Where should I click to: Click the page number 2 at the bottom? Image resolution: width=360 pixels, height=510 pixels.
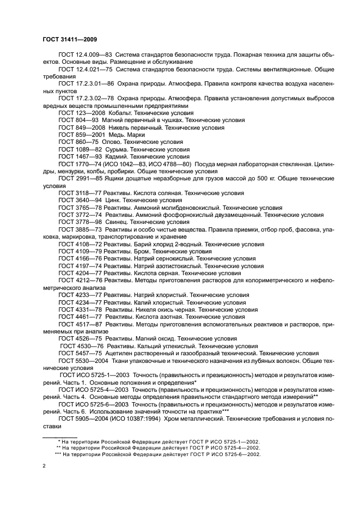click(44, 466)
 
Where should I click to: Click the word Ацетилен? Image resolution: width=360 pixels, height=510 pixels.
click(119, 353)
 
